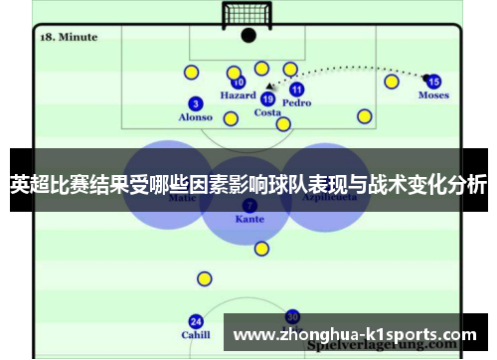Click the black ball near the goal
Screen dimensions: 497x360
tap(248, 35)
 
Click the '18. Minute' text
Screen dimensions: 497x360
tap(69, 37)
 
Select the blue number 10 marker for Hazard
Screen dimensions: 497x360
tap(238, 83)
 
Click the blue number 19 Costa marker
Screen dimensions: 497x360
tap(267, 98)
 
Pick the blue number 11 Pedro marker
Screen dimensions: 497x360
tap(296, 89)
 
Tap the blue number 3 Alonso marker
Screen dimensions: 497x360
tap(195, 103)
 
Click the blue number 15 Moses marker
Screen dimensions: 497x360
tap(433, 82)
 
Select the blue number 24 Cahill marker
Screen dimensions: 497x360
tap(196, 321)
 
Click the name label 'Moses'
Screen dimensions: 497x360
tap(433, 95)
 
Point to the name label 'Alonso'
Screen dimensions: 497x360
tap(195, 117)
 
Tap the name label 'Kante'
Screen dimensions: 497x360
tap(249, 218)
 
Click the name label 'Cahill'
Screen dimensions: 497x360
tap(196, 335)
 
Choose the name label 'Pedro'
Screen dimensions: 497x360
tap(296, 102)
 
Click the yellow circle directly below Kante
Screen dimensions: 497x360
tap(261, 249)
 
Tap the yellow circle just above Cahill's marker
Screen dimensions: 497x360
tap(204, 278)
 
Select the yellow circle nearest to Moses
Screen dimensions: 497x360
tap(392, 81)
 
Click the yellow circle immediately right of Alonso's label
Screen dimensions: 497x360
tap(231, 119)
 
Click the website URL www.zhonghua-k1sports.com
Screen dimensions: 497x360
tap(349, 333)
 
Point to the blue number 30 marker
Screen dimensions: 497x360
tap(291, 316)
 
